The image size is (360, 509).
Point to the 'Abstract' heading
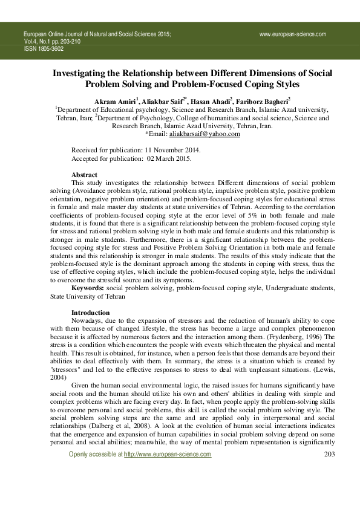(84, 174)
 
